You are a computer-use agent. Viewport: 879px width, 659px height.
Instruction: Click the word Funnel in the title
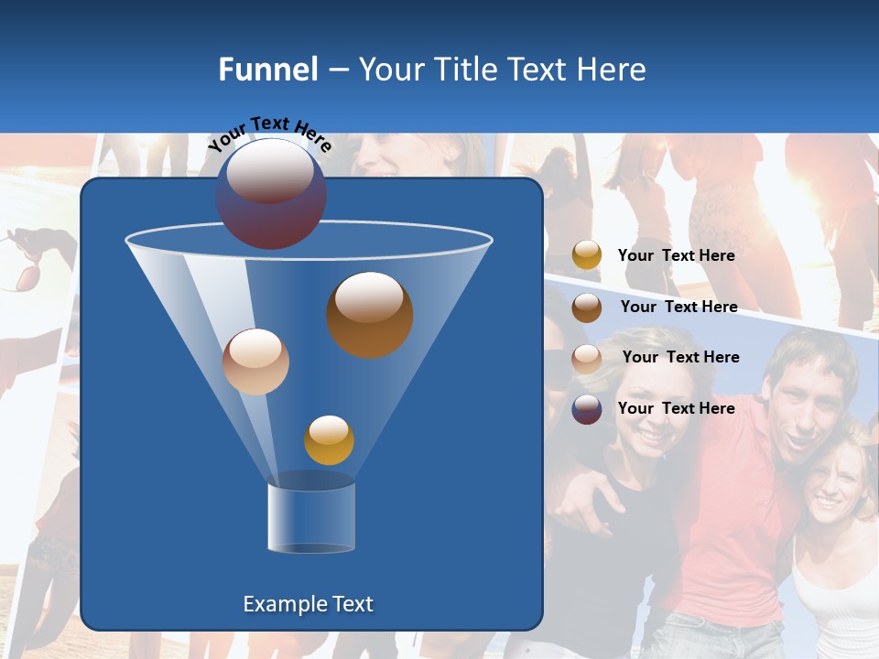267,70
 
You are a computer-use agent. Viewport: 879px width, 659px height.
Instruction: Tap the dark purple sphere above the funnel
270,193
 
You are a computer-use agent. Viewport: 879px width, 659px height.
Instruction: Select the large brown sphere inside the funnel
369,314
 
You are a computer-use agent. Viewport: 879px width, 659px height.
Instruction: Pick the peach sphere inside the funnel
255,362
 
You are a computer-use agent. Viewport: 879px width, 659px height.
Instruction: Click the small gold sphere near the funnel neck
329,439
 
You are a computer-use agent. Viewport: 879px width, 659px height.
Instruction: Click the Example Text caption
308,604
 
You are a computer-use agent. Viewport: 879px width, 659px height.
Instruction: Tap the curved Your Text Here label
269,132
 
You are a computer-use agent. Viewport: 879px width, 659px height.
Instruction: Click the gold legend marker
587,255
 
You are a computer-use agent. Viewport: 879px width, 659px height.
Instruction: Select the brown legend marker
587,307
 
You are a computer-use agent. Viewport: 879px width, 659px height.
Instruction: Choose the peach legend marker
587,358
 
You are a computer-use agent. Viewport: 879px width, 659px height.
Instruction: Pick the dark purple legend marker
587,409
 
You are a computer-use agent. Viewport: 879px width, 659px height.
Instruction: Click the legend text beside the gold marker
676,256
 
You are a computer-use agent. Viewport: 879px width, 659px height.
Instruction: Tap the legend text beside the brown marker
678,307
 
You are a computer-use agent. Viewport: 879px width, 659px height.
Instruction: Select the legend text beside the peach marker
680,357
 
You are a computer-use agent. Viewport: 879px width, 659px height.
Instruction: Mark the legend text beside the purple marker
676,408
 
